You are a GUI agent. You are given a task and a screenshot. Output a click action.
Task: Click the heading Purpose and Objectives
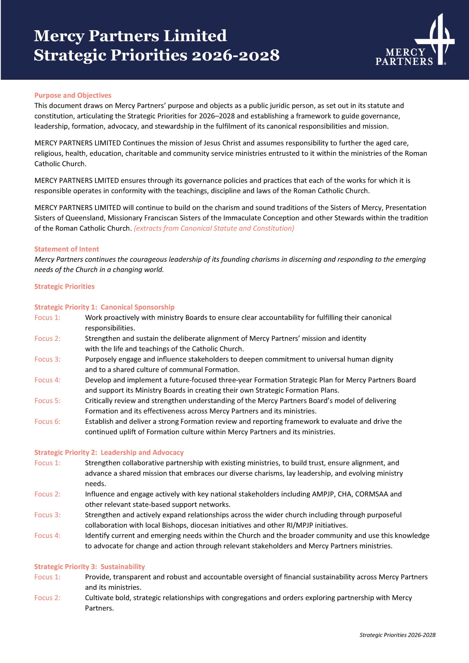(73, 95)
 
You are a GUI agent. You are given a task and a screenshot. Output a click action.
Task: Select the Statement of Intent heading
(67, 249)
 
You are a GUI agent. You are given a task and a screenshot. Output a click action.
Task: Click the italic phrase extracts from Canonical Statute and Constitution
(214, 228)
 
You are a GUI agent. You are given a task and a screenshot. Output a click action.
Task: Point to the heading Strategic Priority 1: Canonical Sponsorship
(104, 307)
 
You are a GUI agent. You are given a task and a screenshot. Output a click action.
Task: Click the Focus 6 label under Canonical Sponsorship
(47, 421)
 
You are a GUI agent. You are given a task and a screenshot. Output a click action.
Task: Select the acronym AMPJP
(323, 494)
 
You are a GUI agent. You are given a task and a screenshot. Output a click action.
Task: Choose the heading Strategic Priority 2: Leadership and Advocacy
(109, 452)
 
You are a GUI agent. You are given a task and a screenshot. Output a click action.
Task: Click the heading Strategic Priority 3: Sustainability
(89, 567)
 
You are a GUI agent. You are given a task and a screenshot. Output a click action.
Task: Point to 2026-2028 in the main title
(236, 55)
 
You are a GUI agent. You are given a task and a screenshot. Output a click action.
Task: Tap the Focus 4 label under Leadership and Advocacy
(47, 536)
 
